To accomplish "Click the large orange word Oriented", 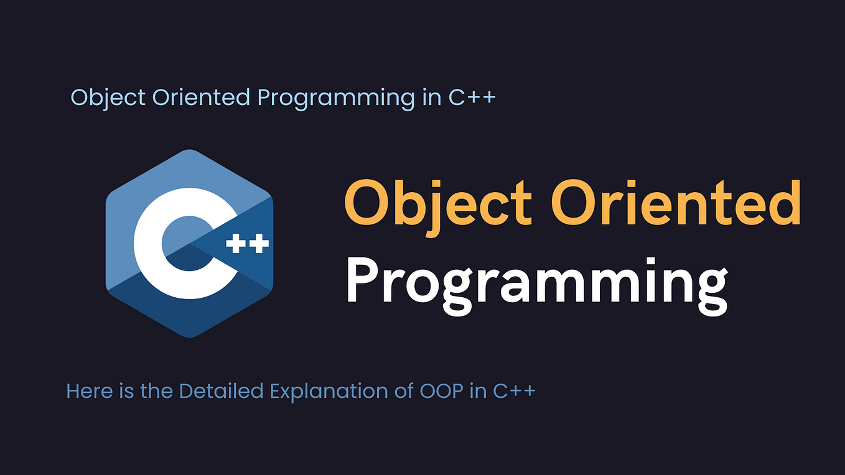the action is [676, 203].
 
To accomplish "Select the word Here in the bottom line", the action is [90, 390].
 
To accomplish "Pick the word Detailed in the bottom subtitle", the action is [221, 390].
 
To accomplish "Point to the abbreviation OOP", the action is [442, 391].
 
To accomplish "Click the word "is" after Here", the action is [126, 390].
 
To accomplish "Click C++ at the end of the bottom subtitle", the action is [515, 391].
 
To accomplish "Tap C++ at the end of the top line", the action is [472, 97].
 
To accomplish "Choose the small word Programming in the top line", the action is [336, 99].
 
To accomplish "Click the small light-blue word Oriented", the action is [202, 97].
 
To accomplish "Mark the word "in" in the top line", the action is [432, 97].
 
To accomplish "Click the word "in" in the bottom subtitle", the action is [479, 391].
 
